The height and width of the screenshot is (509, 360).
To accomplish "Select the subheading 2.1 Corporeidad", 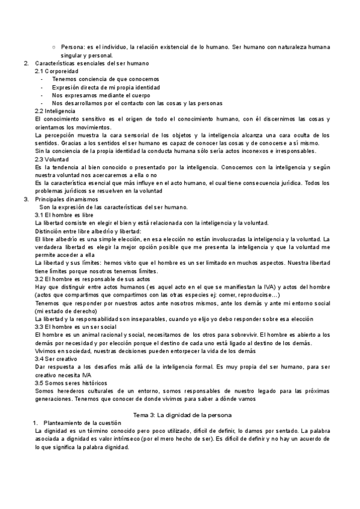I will [x=56, y=71].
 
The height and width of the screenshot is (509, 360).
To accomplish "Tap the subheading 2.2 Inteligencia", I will [x=55, y=111].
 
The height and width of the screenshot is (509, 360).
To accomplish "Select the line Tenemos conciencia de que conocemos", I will [x=97, y=79].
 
